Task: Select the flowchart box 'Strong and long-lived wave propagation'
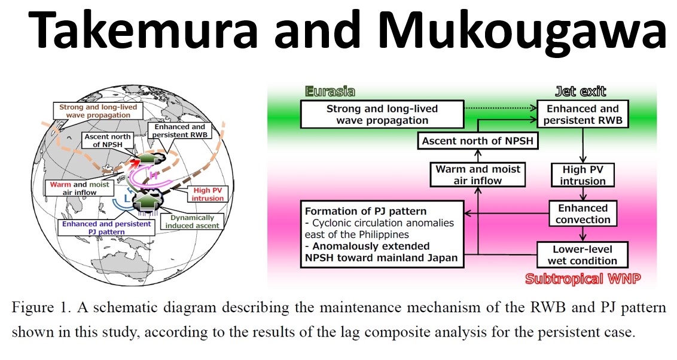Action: tap(382, 114)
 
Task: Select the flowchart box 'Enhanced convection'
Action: tap(583, 214)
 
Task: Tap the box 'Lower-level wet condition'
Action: tap(583, 254)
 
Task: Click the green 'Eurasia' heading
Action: tap(330, 91)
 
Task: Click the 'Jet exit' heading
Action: tap(580, 91)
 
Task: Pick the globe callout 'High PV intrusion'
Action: tap(207, 194)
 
